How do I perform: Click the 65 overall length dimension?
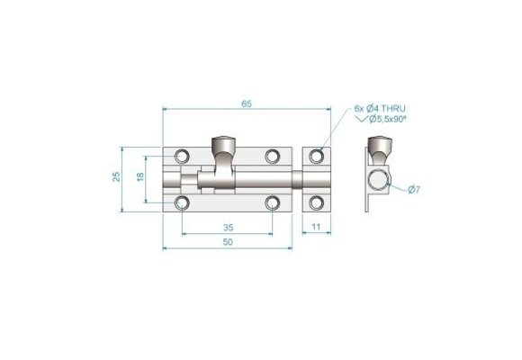(x=247, y=103)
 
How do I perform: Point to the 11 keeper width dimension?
(x=316, y=228)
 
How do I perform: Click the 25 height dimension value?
(x=116, y=177)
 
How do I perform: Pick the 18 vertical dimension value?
(x=140, y=177)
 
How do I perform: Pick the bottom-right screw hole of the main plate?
(x=272, y=203)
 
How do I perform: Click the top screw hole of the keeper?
(x=316, y=157)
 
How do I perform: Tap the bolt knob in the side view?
(x=379, y=144)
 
